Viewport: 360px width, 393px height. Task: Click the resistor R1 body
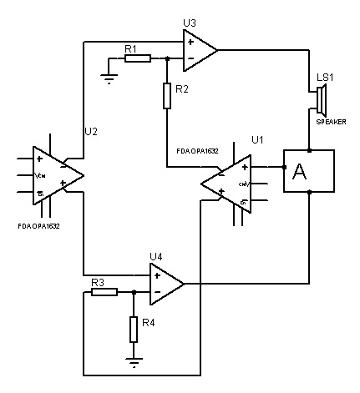click(x=138, y=59)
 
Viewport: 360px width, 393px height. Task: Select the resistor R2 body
click(x=167, y=97)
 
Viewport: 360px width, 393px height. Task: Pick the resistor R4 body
click(x=133, y=330)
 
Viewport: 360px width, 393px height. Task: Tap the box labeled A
click(x=309, y=171)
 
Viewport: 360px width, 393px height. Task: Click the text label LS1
click(x=324, y=78)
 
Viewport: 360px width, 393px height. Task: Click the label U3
click(x=190, y=23)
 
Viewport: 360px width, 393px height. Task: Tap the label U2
click(x=91, y=131)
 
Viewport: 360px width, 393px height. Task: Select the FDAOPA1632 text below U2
click(x=39, y=225)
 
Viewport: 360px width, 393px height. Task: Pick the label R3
click(x=97, y=282)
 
